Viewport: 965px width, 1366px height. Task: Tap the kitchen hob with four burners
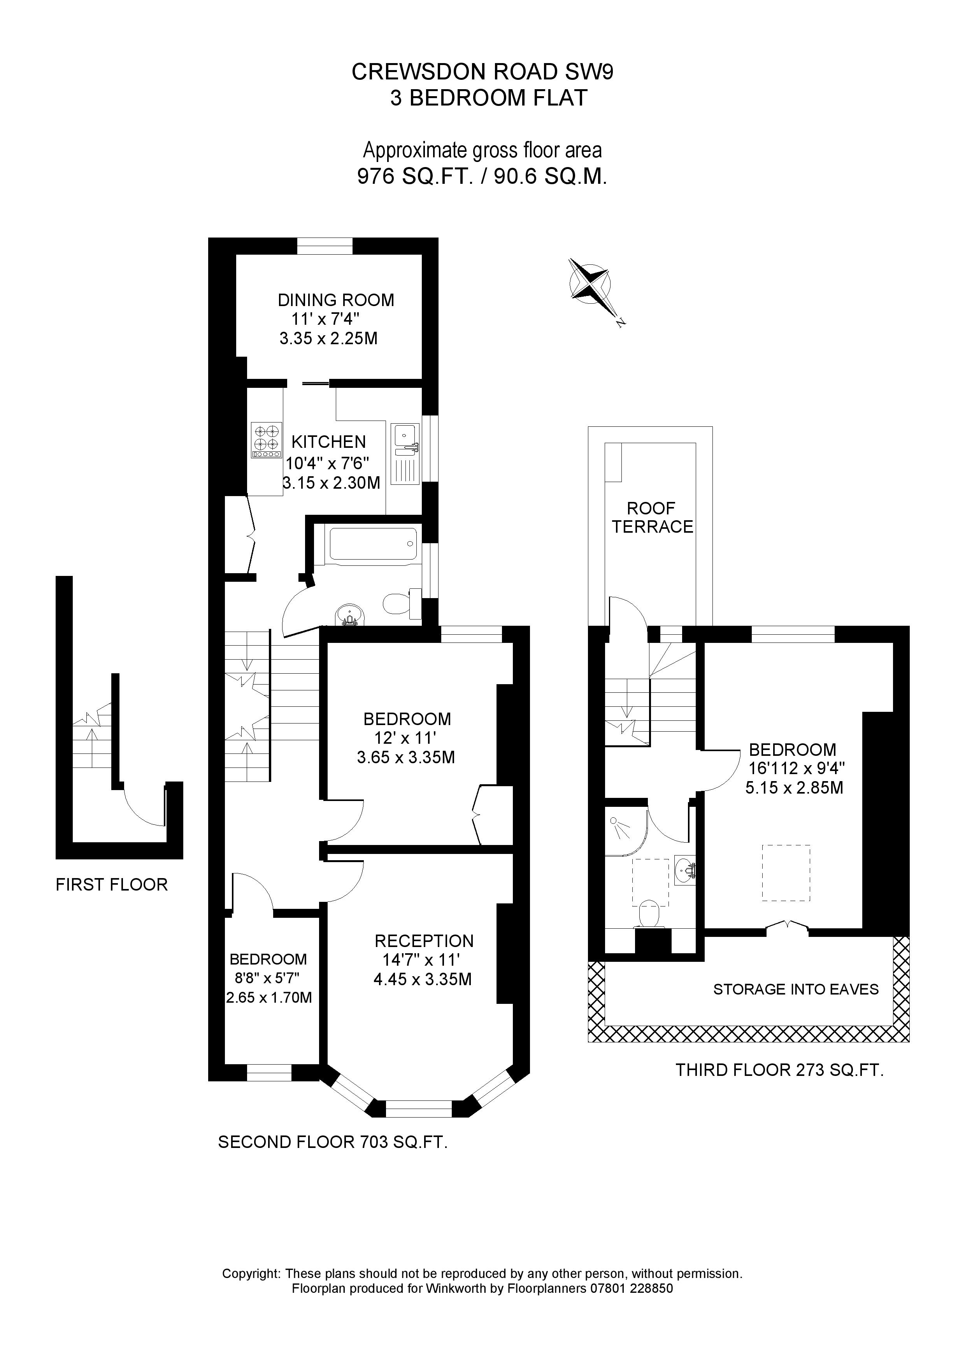click(267, 439)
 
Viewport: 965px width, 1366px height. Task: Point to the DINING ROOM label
click(335, 300)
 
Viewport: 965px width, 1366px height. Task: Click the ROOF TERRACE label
click(652, 518)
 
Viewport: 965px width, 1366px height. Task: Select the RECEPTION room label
click(424, 941)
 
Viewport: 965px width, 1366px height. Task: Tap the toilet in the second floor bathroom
click(399, 603)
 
